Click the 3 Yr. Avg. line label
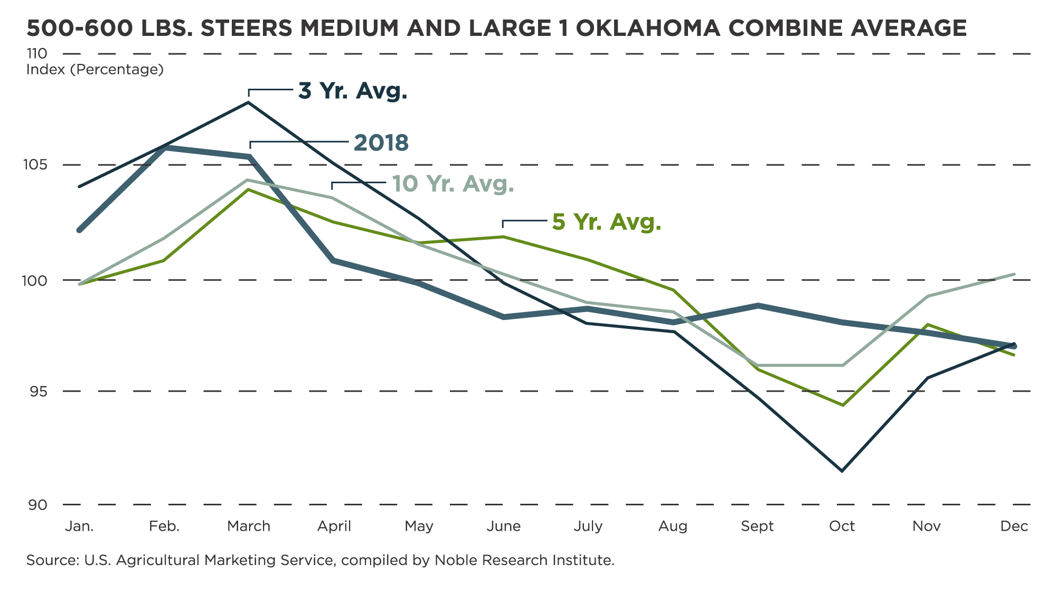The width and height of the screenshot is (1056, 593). (x=353, y=91)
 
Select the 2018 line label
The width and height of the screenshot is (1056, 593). (x=381, y=143)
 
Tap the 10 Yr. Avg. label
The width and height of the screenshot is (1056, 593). (x=453, y=184)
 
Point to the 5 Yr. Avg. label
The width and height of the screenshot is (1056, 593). (x=607, y=222)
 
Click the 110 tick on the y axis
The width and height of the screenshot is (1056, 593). (x=36, y=53)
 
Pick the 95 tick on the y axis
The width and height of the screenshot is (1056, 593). (x=37, y=391)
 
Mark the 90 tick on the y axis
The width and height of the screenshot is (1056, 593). (x=37, y=505)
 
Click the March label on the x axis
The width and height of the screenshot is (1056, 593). (x=249, y=526)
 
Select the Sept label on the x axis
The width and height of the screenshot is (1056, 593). (x=757, y=526)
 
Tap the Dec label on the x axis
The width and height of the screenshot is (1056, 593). (x=1014, y=526)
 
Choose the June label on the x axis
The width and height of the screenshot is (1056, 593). (x=504, y=526)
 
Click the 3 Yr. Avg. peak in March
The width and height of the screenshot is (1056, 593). (x=249, y=102)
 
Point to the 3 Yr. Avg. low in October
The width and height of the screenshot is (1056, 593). (x=842, y=470)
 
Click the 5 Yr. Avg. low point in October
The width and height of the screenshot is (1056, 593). (x=843, y=405)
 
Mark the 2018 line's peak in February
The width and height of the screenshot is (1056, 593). (x=164, y=147)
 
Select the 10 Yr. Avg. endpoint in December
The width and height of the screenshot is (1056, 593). (x=1014, y=274)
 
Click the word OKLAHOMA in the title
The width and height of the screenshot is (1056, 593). (x=645, y=28)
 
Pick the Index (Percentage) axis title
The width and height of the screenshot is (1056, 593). (x=95, y=70)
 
